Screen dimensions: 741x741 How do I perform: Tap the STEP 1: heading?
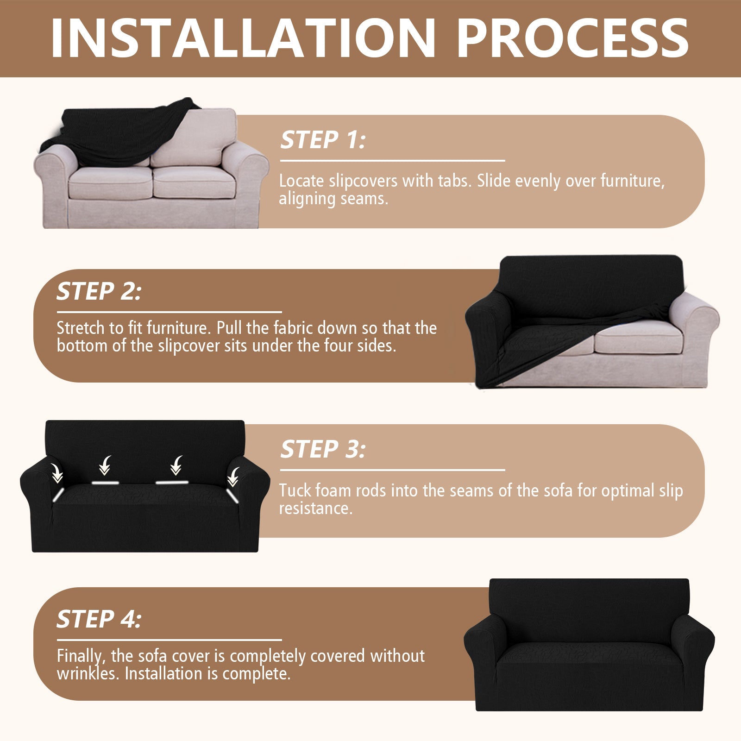click(x=323, y=140)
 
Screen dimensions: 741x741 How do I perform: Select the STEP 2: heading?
click(x=99, y=291)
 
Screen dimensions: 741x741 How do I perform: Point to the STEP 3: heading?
click(x=323, y=449)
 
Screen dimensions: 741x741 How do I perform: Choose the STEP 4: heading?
click(x=99, y=619)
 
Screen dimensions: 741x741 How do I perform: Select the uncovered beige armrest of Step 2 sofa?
click(x=697, y=320)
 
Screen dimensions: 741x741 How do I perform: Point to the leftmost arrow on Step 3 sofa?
click(x=57, y=472)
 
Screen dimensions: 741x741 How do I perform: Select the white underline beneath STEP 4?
click(x=169, y=640)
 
